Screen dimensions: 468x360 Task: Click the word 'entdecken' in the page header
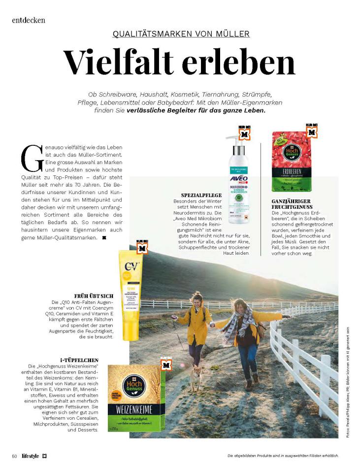tap(29, 20)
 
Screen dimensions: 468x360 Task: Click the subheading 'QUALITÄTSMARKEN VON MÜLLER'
tap(181, 34)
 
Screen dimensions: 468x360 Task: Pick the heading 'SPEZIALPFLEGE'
tap(202, 195)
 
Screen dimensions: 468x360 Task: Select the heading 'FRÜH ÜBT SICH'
tap(94, 296)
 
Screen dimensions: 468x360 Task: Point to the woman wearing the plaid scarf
tap(246, 334)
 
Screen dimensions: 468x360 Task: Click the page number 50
tap(15, 455)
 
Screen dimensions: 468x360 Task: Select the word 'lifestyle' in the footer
tap(31, 455)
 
